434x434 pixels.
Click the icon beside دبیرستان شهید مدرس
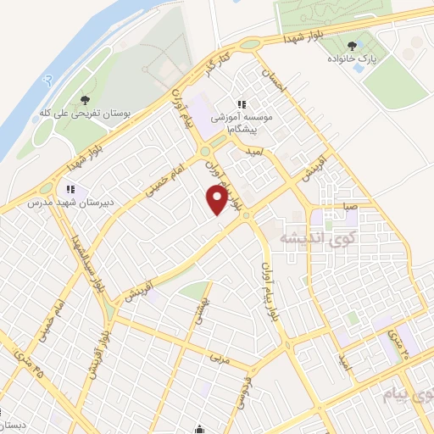(x=72, y=188)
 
